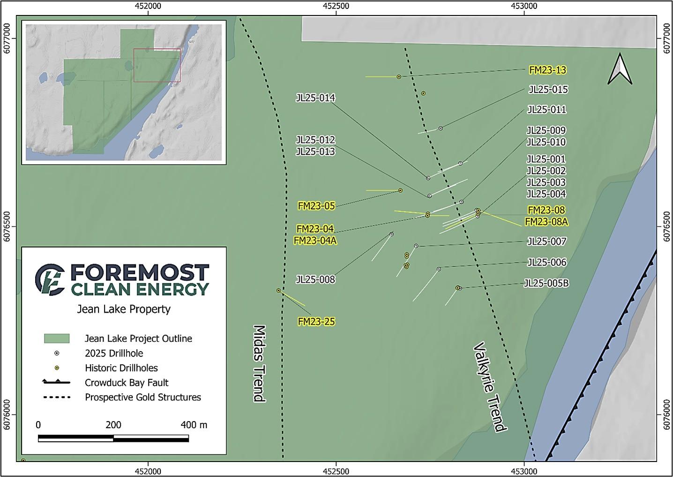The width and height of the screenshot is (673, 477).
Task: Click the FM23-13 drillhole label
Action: click(x=547, y=70)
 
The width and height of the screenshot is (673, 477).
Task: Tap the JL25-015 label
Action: click(x=548, y=90)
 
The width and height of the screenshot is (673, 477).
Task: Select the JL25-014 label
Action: click(x=315, y=98)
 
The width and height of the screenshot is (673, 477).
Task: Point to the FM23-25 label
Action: click(x=316, y=322)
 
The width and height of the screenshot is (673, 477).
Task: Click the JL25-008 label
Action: click(x=315, y=280)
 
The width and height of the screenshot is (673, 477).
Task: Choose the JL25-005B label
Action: click(x=546, y=283)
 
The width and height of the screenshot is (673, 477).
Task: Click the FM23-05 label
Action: click(x=316, y=206)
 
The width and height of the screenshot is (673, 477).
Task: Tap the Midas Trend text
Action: click(x=259, y=363)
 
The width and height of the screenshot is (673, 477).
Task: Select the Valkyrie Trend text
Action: click(x=490, y=387)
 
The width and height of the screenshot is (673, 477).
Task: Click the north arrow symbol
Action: click(x=620, y=69)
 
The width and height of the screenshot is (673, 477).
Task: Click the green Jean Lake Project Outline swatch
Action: click(x=56, y=339)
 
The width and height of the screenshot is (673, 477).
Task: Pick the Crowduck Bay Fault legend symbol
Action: click(x=56, y=382)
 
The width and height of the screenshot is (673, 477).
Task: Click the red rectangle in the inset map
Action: click(x=157, y=65)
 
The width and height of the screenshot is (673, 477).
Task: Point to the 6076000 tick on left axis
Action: click(x=7, y=415)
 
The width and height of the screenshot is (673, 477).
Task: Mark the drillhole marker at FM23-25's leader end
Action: click(x=278, y=291)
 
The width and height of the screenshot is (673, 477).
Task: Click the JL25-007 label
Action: click(x=546, y=242)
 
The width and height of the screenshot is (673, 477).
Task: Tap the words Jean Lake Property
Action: click(x=124, y=309)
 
